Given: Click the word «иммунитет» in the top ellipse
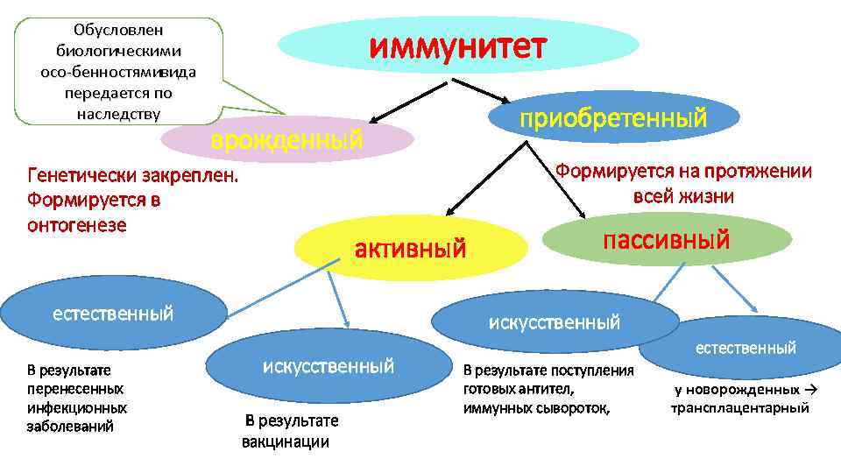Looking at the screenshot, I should click(x=457, y=46).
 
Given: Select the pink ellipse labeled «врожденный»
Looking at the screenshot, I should click(x=288, y=139).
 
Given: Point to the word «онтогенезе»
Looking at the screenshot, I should click(x=76, y=225).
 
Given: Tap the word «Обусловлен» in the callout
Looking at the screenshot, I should click(x=119, y=31).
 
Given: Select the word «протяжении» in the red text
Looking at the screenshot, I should click(x=764, y=171).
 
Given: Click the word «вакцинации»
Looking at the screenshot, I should click(x=286, y=441).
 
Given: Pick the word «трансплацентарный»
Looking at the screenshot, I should click(x=740, y=408).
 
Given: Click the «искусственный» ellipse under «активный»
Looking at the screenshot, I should click(x=554, y=321).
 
